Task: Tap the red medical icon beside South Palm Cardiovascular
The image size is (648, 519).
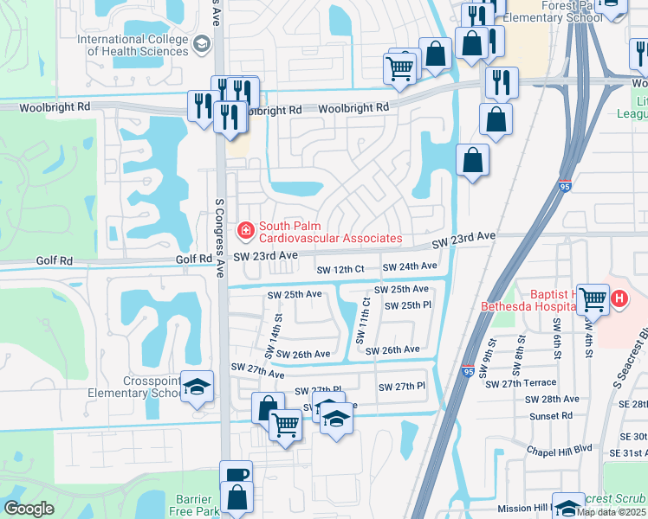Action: [x=246, y=230]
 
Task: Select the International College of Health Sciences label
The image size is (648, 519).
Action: [x=133, y=45]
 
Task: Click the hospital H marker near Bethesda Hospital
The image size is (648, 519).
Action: [x=619, y=299]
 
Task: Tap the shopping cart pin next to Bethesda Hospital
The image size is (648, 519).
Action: [x=593, y=299]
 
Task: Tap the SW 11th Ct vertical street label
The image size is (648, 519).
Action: [x=363, y=317]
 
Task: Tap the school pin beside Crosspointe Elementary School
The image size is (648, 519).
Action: [x=197, y=388]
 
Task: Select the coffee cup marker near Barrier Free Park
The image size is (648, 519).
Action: [x=236, y=475]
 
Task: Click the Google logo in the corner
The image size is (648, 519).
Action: [x=29, y=509]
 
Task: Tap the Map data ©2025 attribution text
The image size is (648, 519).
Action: [x=611, y=512]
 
